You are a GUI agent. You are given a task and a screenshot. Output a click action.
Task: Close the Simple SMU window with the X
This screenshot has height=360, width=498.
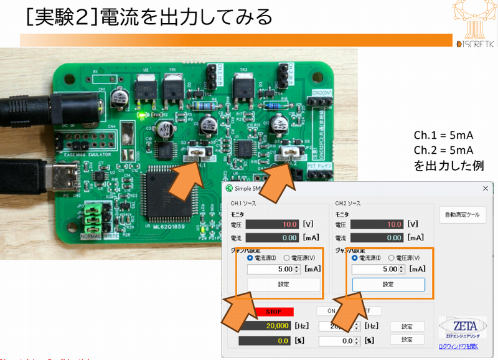486,188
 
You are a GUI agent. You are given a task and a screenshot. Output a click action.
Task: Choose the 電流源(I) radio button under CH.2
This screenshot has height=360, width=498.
355,257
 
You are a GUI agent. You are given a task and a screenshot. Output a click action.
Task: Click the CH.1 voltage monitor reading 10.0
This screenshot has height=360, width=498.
272,224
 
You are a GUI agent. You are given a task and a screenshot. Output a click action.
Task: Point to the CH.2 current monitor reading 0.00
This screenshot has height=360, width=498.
377,237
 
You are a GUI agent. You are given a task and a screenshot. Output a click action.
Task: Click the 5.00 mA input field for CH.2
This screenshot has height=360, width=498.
377,269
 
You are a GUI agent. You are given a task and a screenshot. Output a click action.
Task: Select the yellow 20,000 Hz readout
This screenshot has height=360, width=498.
273,326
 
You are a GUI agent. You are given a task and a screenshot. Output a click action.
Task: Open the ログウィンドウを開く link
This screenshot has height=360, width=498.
458,346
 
